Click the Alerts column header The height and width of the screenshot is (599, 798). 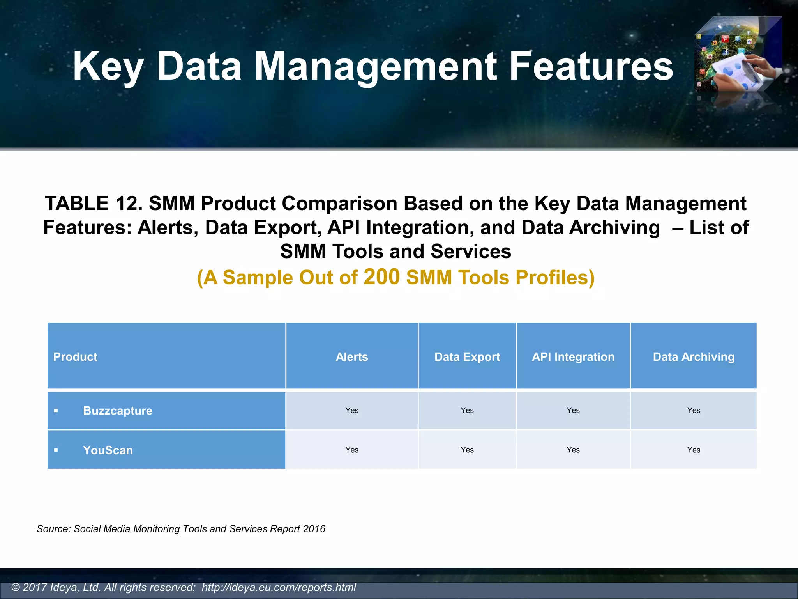(351, 357)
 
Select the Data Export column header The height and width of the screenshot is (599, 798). (467, 357)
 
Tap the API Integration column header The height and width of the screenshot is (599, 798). (573, 357)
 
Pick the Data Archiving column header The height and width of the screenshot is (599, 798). (693, 357)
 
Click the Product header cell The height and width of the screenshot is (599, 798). (75, 357)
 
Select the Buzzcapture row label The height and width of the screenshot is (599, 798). (117, 411)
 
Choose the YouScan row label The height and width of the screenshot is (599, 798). (108, 450)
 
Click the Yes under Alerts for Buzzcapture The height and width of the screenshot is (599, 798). (351, 410)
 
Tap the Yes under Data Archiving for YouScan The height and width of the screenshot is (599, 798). (693, 450)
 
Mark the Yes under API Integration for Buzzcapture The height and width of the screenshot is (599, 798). (573, 410)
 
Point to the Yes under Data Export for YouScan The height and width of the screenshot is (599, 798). (467, 450)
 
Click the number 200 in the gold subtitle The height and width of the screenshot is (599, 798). (381, 277)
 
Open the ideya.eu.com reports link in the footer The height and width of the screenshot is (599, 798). (279, 587)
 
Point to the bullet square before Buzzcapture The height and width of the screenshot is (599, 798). (56, 411)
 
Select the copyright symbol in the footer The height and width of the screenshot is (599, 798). (16, 587)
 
